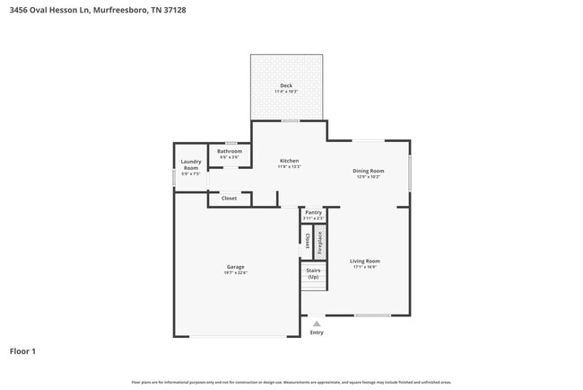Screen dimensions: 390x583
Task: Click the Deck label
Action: click(x=286, y=85)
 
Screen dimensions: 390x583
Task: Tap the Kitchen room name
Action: click(x=289, y=161)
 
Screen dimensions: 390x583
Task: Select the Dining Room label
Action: click(x=368, y=171)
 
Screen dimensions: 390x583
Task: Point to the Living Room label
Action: click(x=364, y=261)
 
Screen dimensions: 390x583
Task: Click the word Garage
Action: click(x=235, y=267)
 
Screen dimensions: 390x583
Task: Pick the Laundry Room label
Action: click(x=191, y=164)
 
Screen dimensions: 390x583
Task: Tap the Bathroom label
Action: click(x=230, y=151)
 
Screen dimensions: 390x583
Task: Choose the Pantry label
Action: click(x=312, y=212)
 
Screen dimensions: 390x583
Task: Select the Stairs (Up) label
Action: click(x=313, y=273)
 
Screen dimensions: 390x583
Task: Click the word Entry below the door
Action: click(x=317, y=332)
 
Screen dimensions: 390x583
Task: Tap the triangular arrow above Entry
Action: click(x=316, y=324)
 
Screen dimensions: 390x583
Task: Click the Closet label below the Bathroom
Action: click(x=230, y=198)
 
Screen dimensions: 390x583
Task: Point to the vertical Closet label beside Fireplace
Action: click(x=307, y=240)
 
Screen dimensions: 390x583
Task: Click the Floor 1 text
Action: click(x=22, y=351)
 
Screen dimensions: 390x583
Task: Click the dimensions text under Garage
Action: click(x=235, y=273)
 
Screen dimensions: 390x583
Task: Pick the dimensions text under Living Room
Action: click(x=364, y=267)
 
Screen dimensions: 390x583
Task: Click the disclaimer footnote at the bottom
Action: click(x=291, y=382)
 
